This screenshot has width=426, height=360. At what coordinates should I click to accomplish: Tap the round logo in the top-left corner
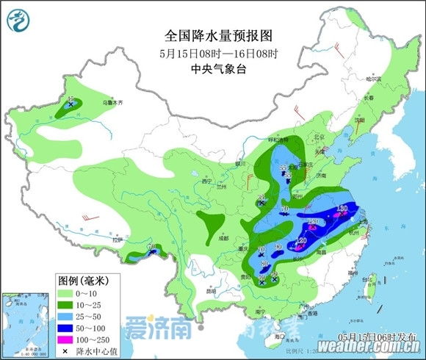[18, 19]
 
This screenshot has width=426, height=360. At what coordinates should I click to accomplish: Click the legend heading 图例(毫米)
[83, 280]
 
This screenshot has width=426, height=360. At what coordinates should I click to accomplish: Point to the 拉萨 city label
[117, 240]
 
